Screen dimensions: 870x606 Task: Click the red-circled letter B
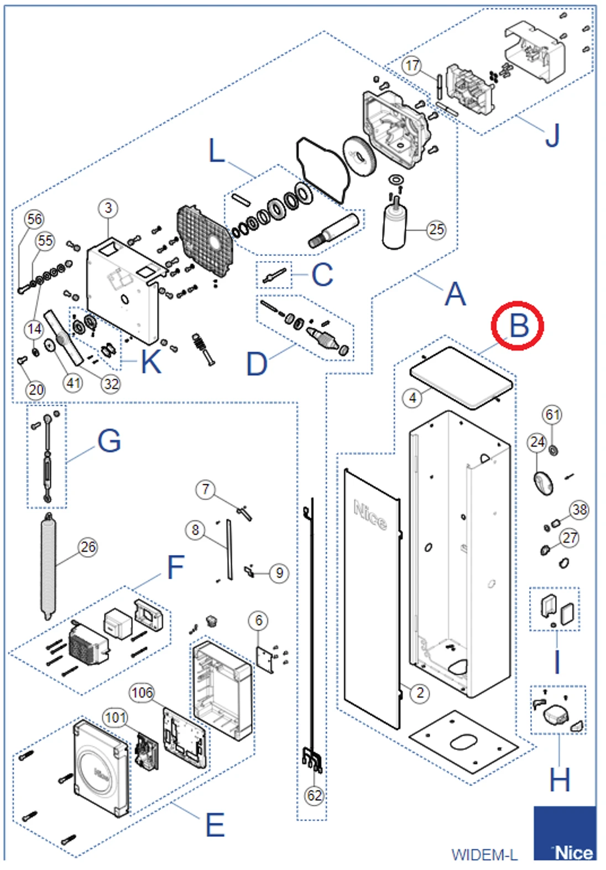point(518,326)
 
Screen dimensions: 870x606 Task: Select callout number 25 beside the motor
point(436,229)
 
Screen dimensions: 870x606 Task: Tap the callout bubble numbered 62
point(314,795)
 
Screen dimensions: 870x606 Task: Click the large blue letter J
point(552,135)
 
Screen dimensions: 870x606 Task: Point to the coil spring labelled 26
point(48,567)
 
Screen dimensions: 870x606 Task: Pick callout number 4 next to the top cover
point(412,397)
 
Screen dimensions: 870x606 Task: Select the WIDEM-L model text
point(484,855)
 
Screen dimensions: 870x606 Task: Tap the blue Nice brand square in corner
point(565,834)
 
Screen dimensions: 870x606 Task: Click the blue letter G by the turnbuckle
point(109,441)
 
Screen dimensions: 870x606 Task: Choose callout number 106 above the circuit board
point(142,693)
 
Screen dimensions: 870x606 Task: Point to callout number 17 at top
point(412,66)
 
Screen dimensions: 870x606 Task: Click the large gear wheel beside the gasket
point(359,156)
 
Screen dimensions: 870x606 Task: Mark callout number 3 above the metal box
point(108,208)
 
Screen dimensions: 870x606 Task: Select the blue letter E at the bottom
point(215,825)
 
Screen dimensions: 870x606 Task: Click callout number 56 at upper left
point(34,219)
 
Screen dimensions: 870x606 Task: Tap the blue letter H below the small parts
point(559,780)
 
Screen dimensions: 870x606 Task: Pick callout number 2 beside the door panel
point(420,693)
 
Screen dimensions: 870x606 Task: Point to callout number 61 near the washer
point(552,415)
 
